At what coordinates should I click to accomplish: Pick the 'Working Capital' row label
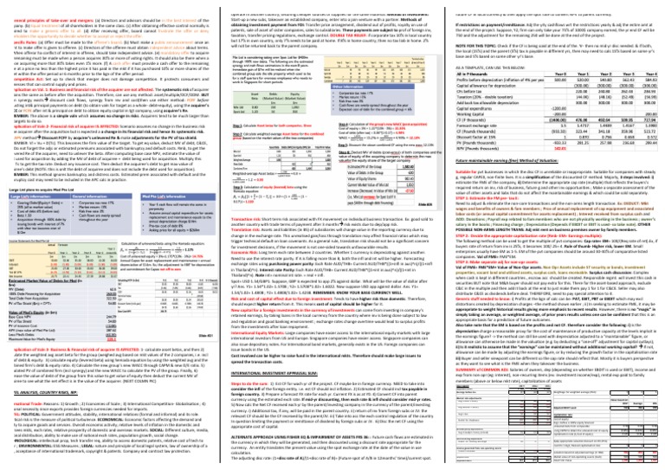point(475,120)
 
